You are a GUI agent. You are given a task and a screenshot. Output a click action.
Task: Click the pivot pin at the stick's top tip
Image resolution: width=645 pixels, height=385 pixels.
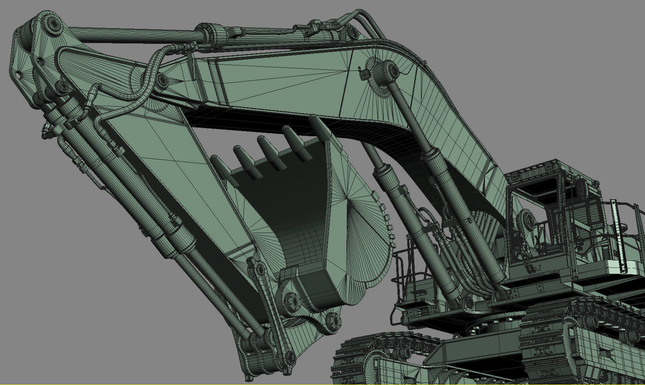52,27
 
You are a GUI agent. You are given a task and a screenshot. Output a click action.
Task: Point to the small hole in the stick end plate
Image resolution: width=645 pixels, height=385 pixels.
18,74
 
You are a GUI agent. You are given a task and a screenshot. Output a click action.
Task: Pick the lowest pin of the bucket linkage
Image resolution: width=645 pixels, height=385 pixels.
290,356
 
